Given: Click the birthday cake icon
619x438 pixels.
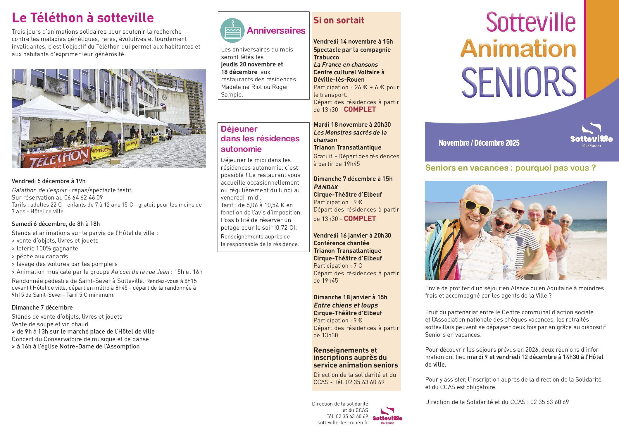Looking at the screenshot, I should coord(232,30).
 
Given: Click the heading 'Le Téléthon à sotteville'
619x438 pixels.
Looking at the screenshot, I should coord(83,18).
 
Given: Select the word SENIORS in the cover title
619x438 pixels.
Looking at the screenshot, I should coord(519,82).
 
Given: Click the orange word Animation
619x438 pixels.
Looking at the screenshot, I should coord(518,49).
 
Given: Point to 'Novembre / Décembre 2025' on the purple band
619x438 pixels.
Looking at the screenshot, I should coord(479,143).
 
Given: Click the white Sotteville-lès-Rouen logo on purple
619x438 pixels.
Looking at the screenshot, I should coord(591,135).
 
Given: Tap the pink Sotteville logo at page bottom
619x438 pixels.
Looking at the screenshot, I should coord(387,415).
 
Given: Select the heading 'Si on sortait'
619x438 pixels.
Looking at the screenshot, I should coord(339,20).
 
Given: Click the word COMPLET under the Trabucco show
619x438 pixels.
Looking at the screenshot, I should coord(360,109).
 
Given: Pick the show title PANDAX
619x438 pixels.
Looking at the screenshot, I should coord(326,187).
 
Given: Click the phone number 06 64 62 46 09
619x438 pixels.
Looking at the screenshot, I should coord(84,197).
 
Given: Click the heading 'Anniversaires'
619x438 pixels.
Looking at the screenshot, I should coord(276,31).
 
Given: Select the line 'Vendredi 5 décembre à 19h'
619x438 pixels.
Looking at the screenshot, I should coord(49,181).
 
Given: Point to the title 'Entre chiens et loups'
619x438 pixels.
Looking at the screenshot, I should coord(346,305).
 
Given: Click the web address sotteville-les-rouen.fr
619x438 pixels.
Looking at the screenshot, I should coord(343,422).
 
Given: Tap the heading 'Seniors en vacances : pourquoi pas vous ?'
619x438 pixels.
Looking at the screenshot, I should coord(510,168).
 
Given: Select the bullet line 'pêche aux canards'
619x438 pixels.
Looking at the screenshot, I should coord(42,256).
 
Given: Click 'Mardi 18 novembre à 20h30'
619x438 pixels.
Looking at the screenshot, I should coord(352,125).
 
